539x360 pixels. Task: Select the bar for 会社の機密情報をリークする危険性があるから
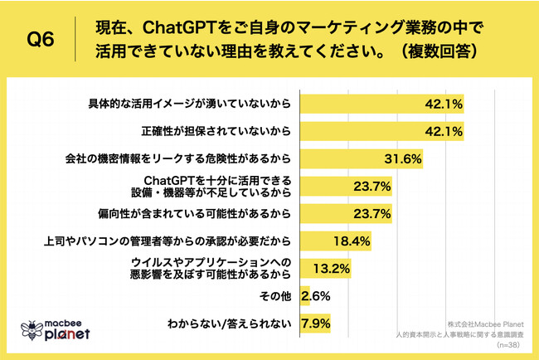[361, 158]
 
